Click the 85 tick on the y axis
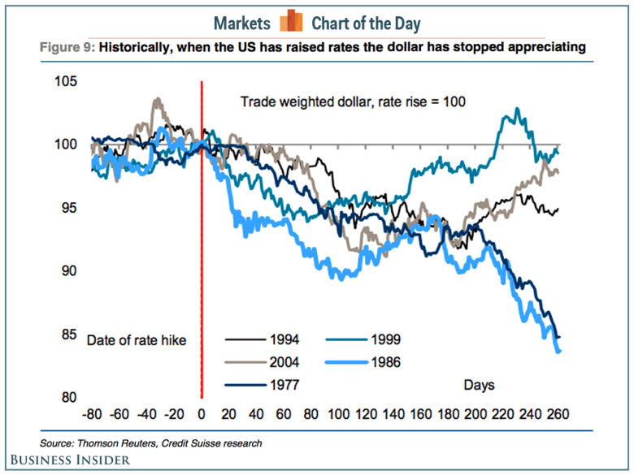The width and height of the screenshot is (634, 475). click(69, 335)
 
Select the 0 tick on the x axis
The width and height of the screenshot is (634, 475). click(202, 413)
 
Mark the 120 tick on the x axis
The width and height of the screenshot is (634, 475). click(366, 413)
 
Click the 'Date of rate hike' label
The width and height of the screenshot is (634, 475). click(137, 340)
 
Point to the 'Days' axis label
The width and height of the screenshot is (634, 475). click(480, 384)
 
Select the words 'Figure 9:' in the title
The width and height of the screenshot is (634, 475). click(67, 48)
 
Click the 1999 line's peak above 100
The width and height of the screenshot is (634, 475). click(513, 110)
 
